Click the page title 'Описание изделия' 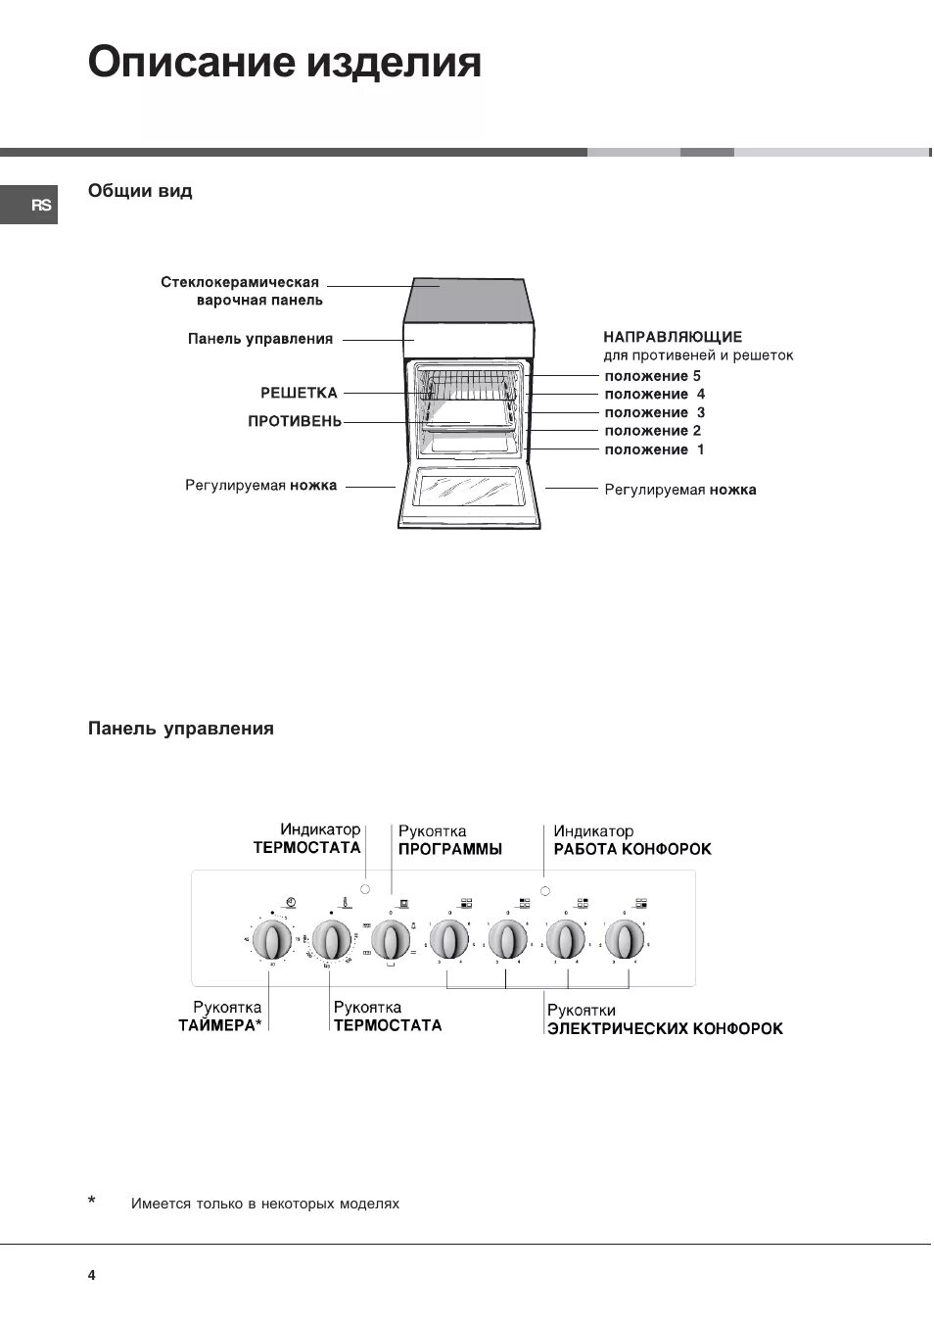tap(285, 63)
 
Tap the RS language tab tap(40, 206)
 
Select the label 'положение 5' tap(652, 376)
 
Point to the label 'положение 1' tap(654, 449)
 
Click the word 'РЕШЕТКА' tap(299, 393)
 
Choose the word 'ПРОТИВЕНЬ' tap(295, 421)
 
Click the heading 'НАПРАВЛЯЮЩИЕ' tap(673, 337)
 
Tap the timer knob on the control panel tap(272, 941)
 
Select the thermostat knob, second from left tap(332, 941)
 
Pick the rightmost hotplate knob tap(625, 941)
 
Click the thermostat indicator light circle tap(366, 889)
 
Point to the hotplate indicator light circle tap(544, 890)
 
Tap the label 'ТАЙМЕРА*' tap(220, 1025)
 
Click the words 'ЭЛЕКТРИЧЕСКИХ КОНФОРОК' tap(665, 1028)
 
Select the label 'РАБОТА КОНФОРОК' tap(632, 849)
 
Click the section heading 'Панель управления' tap(181, 729)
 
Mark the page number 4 tap(92, 1275)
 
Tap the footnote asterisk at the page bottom tap(92, 1201)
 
